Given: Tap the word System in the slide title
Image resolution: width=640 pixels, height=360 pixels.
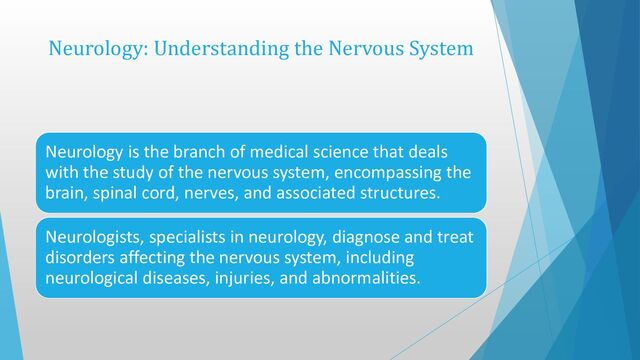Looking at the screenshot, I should pyautogui.click(x=436, y=48).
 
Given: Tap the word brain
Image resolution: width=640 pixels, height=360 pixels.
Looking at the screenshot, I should pyautogui.click(x=62, y=193).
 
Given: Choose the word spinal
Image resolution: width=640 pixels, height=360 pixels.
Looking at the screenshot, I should pyautogui.click(x=113, y=193).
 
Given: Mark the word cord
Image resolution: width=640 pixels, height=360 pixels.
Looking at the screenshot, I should pyautogui.click(x=161, y=193).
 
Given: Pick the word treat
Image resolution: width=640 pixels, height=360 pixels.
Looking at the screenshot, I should pyautogui.click(x=455, y=237).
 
